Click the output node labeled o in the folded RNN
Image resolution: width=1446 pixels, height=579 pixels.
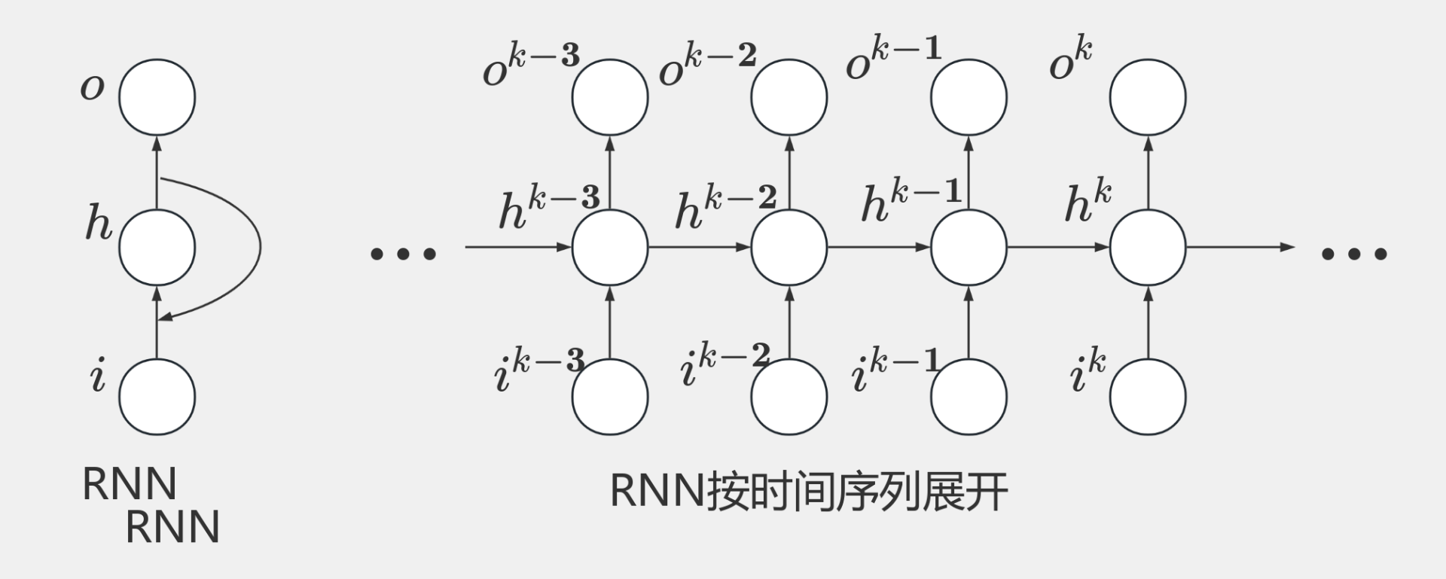157,98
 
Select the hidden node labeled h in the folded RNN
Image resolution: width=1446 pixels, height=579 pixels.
157,247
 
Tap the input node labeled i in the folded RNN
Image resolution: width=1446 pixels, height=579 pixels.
157,397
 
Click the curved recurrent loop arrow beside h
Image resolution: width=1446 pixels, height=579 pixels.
258,247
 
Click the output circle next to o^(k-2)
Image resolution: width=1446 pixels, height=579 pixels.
789,98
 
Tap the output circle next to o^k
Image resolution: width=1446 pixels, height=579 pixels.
1148,98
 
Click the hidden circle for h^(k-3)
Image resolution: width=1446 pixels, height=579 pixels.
610,247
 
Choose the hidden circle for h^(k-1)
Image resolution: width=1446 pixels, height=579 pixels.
969,247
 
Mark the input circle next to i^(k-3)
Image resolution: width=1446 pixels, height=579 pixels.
610,397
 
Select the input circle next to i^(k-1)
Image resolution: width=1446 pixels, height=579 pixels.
969,397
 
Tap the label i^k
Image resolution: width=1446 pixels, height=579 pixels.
1088,370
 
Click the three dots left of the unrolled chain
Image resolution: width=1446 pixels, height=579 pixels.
404,254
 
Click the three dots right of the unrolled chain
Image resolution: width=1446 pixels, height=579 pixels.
1354,254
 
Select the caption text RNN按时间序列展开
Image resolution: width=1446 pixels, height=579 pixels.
808,492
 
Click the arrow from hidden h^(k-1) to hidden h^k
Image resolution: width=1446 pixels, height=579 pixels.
1058,247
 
